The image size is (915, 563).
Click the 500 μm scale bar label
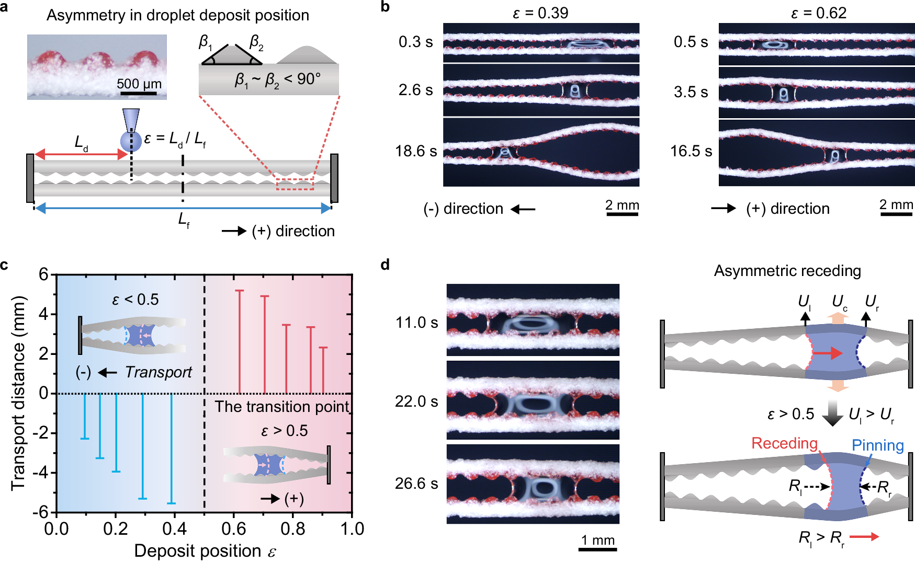click(139, 84)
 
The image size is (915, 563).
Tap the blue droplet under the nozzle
click(131, 141)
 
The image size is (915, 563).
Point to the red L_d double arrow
click(81, 154)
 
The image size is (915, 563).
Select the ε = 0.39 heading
click(540, 13)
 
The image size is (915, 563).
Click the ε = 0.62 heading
click(818, 13)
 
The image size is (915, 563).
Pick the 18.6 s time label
click(416, 151)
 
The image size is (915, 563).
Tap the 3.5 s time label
click(691, 92)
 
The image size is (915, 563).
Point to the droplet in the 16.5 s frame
click(835, 156)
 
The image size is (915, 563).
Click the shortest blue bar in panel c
click(84, 416)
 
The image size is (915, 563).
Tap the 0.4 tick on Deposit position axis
click(175, 528)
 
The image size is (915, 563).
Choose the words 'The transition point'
click(282, 407)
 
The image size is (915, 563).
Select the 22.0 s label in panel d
click(416, 401)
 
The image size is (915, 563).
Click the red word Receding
click(784, 443)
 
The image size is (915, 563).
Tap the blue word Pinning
click(877, 445)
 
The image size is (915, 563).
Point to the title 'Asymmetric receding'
click(787, 271)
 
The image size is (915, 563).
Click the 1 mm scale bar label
click(598, 540)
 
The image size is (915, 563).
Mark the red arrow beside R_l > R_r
click(864, 536)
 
